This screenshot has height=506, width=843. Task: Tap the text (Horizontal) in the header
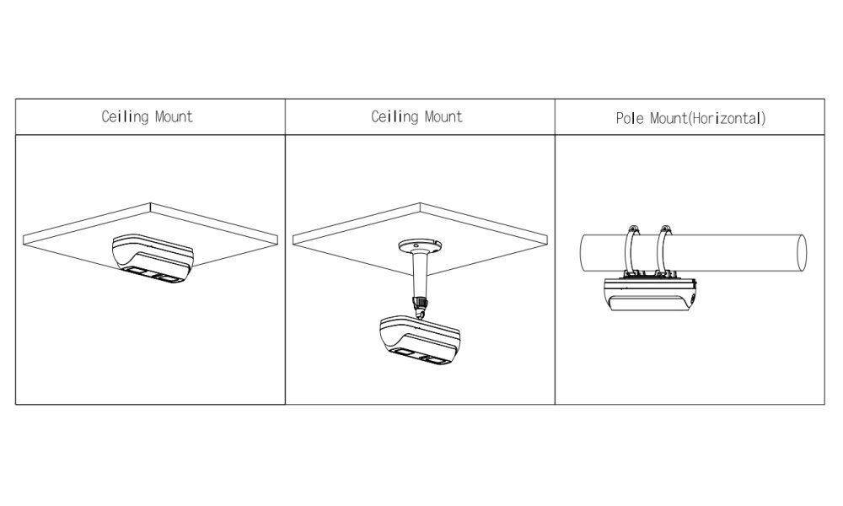coord(727,118)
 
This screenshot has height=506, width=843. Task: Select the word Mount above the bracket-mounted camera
coord(443,116)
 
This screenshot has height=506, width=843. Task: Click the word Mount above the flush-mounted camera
coord(174,116)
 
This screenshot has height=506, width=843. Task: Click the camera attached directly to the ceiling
coord(154,256)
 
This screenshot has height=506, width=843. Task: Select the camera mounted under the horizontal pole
coord(650,295)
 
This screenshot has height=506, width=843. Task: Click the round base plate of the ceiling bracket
coord(420,246)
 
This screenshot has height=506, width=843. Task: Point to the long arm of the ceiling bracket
coord(420,274)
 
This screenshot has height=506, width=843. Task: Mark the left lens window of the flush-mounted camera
coord(137,272)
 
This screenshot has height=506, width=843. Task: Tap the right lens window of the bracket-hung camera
coord(437,359)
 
